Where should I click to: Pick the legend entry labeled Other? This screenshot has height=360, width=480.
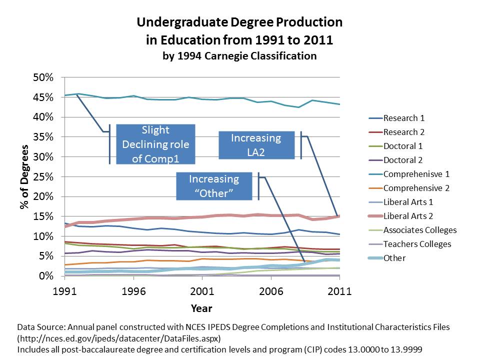click(x=394, y=258)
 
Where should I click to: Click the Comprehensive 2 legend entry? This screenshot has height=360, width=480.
click(x=416, y=188)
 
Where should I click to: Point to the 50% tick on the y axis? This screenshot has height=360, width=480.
click(x=43, y=77)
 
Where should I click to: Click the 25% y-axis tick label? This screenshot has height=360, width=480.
click(x=43, y=176)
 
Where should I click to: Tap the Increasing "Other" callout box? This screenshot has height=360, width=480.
click(x=214, y=186)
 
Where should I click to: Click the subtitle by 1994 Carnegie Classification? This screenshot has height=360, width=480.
click(x=239, y=55)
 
